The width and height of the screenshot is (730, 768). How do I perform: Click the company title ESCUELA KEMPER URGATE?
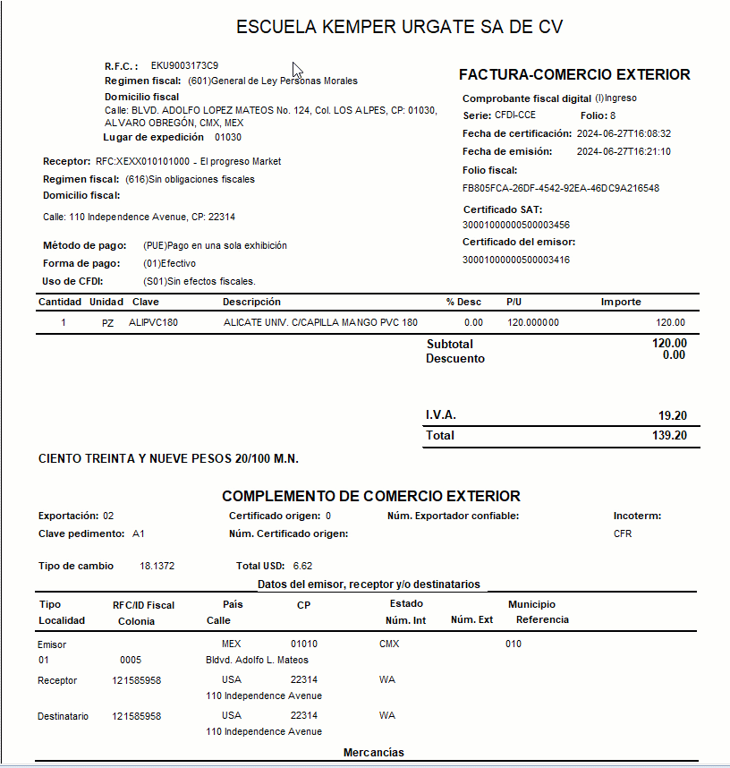(x=399, y=27)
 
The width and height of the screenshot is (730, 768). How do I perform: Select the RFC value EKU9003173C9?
(x=184, y=66)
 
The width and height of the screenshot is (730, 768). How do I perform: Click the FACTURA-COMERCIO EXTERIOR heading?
(x=574, y=75)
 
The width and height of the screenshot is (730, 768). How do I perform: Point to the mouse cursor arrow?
(x=297, y=70)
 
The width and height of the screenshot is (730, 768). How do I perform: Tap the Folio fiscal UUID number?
(x=561, y=189)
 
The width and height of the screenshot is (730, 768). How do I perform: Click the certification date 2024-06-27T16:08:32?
(x=624, y=133)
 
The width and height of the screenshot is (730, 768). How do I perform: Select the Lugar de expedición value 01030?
(x=228, y=138)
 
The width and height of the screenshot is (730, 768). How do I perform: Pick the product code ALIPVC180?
(x=153, y=323)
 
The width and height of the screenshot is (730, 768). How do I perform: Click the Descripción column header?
(x=251, y=302)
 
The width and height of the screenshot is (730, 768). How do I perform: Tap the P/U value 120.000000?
(x=532, y=323)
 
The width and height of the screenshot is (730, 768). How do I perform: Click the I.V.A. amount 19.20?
(x=672, y=416)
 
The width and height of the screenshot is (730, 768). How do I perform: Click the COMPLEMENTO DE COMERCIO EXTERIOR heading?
(x=370, y=496)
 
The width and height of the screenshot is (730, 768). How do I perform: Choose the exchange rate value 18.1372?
(x=157, y=567)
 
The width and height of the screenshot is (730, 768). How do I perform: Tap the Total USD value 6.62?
(x=302, y=567)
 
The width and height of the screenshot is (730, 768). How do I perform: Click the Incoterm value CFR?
(x=623, y=534)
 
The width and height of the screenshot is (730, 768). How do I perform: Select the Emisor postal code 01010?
(x=304, y=644)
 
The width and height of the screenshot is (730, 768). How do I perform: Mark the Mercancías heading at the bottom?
(x=373, y=753)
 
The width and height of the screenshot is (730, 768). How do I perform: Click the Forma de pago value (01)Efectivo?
(x=169, y=264)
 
